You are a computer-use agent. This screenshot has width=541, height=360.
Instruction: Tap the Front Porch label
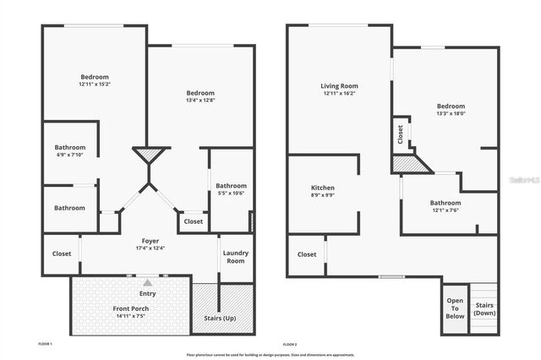coord(131,309)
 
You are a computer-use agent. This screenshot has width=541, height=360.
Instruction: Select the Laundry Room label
coord(235,257)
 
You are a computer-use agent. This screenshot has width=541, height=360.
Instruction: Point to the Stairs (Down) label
coord(484,309)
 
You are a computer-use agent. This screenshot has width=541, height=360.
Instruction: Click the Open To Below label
coord(455,308)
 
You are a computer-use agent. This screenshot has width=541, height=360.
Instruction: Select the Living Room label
coord(339,85)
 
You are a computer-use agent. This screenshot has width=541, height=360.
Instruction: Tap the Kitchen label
coord(322,187)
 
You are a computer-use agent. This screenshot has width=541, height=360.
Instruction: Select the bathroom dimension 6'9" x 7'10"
coord(69,155)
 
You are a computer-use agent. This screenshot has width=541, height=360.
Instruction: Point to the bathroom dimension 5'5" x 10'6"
coord(231,193)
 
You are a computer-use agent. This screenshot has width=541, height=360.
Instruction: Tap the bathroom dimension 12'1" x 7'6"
coord(445,210)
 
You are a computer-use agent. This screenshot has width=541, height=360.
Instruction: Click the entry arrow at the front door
coord(149,282)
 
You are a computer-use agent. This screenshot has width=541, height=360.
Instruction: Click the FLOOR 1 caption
coord(46,345)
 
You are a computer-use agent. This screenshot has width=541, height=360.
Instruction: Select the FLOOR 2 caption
coord(289,345)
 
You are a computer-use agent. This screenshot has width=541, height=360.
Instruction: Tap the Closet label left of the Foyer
coord(62,253)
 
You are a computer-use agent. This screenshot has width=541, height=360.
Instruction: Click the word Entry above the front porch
coord(148,293)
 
